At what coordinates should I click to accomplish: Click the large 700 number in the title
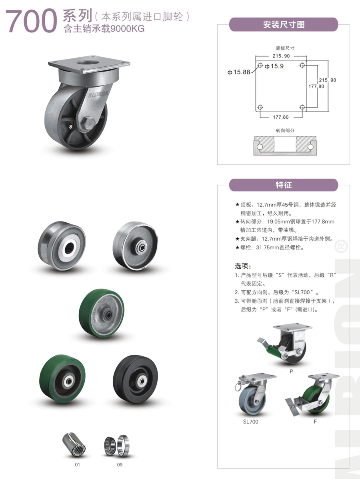pos(32,21)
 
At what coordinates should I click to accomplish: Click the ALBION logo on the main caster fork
pos(98,95)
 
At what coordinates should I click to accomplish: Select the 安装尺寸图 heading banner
pos(284,24)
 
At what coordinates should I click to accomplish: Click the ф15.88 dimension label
pos(239,72)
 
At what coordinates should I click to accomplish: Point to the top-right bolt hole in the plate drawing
pos(302,65)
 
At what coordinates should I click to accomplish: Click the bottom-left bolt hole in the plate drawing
pos(260,107)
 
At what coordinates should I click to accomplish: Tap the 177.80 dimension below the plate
pos(280,117)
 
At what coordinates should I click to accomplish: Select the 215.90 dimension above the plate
pos(281,56)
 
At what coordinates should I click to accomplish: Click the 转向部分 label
pos(285,130)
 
